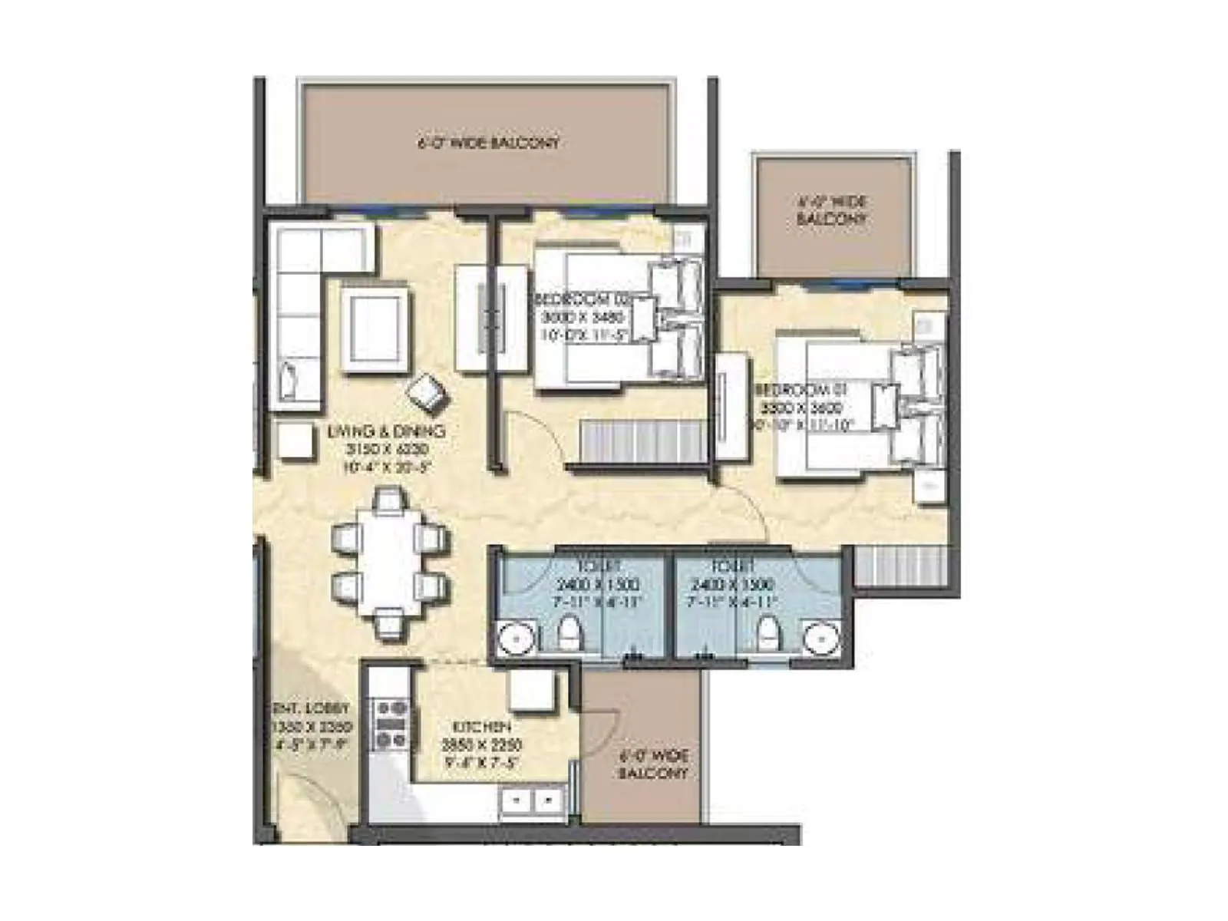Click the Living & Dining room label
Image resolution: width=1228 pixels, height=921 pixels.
tap(386, 432)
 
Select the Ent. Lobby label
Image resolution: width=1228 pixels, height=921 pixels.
tap(311, 708)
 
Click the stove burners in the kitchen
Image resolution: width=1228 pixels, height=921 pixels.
tap(390, 724)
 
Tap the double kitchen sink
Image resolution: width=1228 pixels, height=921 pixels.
tap(531, 801)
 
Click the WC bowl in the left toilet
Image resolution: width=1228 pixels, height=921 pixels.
tap(569, 633)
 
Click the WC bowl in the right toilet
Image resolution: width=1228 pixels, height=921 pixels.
tap(766, 633)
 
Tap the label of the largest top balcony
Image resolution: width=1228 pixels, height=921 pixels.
tap(488, 143)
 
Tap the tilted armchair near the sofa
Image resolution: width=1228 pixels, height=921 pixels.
tap(427, 393)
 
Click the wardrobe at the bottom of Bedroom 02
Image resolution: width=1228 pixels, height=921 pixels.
tap(643, 443)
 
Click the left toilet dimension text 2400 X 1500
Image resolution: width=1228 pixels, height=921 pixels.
tap(599, 585)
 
